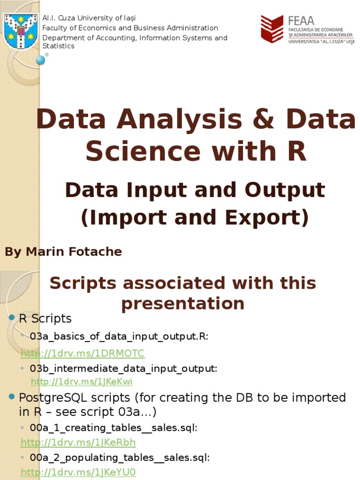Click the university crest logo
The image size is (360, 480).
point(21,31)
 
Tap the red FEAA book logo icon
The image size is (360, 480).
point(272,29)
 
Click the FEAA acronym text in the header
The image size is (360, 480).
point(301,22)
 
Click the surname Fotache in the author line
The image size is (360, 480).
point(97,252)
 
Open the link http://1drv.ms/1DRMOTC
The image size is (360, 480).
point(82,353)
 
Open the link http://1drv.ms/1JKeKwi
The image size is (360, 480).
point(82,382)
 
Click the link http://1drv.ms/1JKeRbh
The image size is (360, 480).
point(78,442)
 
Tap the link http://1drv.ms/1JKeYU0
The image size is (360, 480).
point(78,472)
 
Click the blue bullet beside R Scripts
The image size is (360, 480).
point(12,319)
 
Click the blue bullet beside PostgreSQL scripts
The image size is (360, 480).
point(12,397)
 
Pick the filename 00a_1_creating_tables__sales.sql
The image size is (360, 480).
point(113,427)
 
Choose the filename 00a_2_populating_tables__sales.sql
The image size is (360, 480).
point(120,457)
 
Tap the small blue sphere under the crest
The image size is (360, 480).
point(41,60)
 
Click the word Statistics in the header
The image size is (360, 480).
point(59,46)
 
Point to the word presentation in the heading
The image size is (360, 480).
point(183,304)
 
